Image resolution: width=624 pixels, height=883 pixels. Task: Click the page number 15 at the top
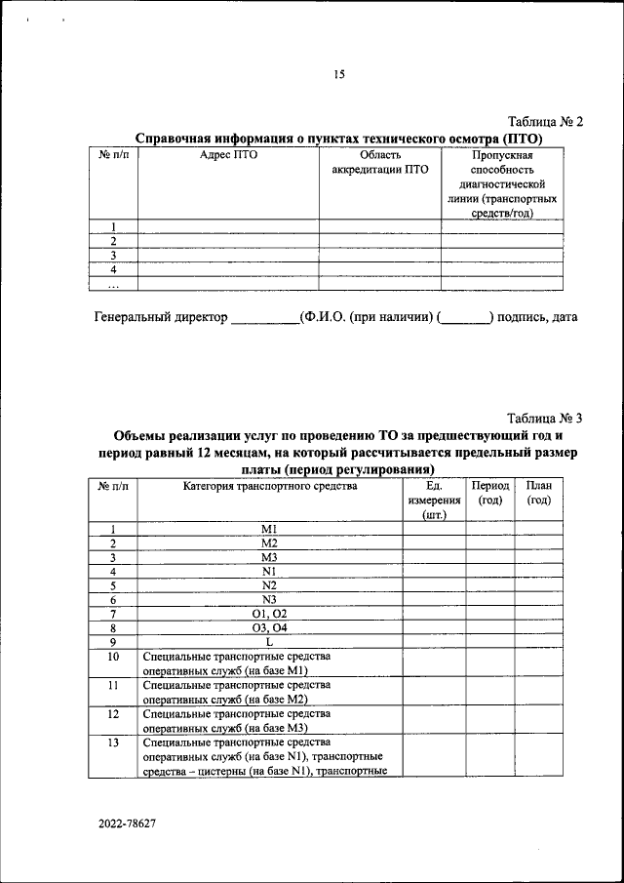pos(338,74)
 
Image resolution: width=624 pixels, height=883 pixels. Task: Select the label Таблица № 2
pos(545,122)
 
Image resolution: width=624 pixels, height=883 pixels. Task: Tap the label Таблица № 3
pos(545,418)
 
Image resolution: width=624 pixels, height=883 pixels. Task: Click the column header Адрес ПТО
pos(227,154)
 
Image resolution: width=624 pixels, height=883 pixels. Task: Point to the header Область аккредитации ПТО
pos(379,162)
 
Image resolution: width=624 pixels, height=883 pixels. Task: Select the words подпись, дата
pos(537,317)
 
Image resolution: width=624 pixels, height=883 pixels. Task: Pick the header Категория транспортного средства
pos(269,485)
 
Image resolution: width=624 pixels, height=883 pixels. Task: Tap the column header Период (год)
pos(489,493)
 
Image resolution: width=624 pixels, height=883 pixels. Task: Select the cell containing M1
pos(269,529)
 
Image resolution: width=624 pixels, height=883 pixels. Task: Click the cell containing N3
pos(269,599)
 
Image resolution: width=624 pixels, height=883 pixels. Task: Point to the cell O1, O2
pos(269,614)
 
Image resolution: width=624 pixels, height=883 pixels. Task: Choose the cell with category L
pos(269,642)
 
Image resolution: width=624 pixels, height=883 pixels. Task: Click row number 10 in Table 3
pos(113,657)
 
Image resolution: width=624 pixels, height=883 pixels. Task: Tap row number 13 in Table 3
pos(113,743)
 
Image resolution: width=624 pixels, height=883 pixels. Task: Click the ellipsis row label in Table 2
pos(113,284)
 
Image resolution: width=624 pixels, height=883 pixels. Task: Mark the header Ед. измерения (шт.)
pos(434,500)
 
